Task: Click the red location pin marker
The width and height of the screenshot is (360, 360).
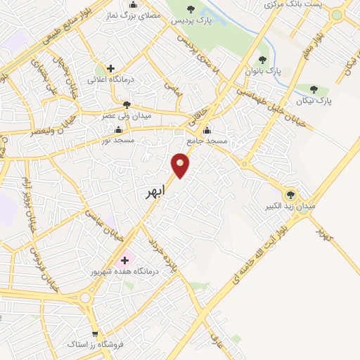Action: point(181,165)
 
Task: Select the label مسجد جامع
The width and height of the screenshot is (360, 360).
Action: point(208,141)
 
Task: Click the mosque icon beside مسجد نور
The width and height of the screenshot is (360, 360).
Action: point(117,130)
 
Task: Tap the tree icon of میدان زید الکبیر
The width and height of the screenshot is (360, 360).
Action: point(289,195)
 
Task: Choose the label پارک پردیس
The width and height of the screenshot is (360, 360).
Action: point(191,21)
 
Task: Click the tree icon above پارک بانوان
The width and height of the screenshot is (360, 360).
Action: point(263,60)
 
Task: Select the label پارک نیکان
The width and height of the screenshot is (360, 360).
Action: point(314,101)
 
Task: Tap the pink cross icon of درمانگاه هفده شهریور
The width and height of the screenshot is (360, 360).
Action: point(125,259)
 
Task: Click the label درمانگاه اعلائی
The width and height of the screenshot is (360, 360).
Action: point(110,79)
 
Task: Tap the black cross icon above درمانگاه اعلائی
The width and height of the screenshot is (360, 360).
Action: point(110,68)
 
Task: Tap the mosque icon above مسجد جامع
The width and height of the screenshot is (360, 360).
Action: point(207,130)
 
